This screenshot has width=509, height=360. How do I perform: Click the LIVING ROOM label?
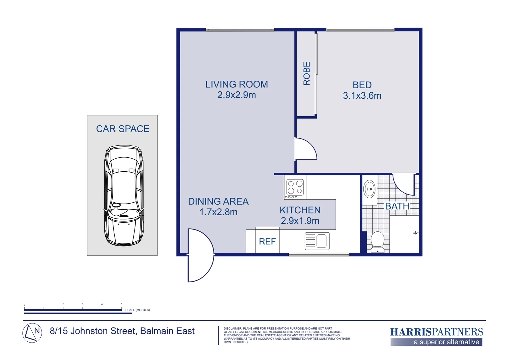(x=237, y=84)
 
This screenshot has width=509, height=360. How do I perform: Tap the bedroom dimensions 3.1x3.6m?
(x=362, y=96)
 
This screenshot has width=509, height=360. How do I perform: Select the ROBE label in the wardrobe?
(x=306, y=74)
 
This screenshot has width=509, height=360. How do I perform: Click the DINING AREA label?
(x=218, y=201)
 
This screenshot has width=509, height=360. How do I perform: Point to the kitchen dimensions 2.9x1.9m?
(x=300, y=221)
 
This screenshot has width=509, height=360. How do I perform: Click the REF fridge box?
(x=267, y=241)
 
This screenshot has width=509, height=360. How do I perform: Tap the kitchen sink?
(x=317, y=241)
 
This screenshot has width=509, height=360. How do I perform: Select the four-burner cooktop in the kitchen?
(x=295, y=187)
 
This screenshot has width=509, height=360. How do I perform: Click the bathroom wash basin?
(x=369, y=189)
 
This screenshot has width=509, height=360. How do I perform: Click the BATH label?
(x=397, y=206)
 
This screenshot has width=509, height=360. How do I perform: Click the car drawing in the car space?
(x=124, y=196)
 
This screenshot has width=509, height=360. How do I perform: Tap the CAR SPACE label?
(x=123, y=129)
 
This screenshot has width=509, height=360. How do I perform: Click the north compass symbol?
(x=32, y=333)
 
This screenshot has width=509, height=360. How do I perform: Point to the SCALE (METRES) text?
(x=137, y=310)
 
